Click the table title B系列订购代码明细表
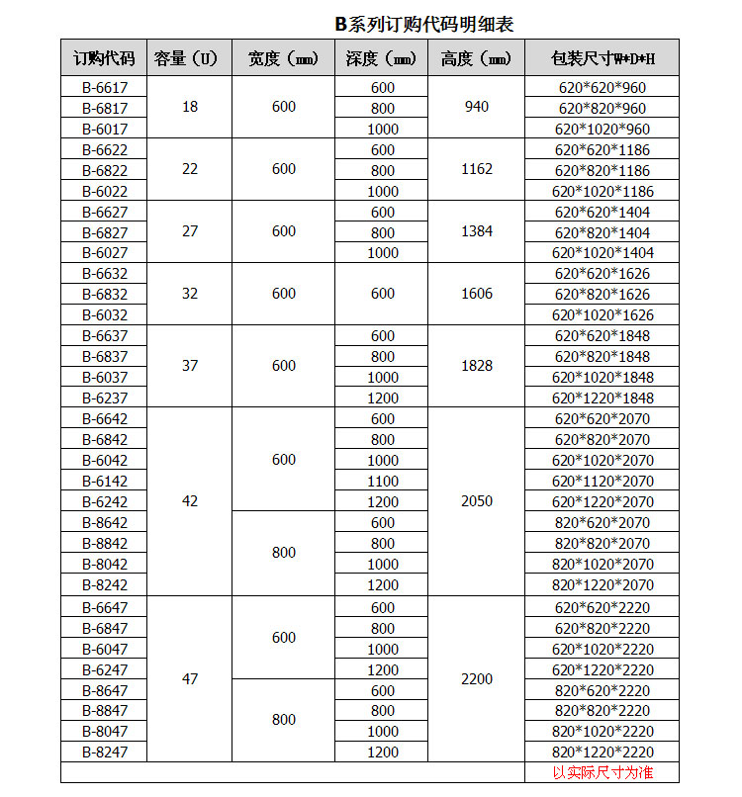click(423, 24)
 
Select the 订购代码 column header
click(104, 58)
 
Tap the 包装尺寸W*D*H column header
click(603, 58)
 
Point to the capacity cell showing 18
click(190, 107)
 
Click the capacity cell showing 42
click(190, 501)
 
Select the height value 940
click(476, 107)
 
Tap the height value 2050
click(476, 501)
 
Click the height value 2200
click(476, 679)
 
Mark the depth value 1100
click(383, 481)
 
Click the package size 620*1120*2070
click(603, 481)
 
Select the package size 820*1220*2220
click(603, 752)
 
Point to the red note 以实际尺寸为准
click(603, 772)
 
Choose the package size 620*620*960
click(603, 87)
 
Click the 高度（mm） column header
click(476, 58)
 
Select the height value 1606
click(476, 294)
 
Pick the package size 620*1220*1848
click(603, 398)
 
